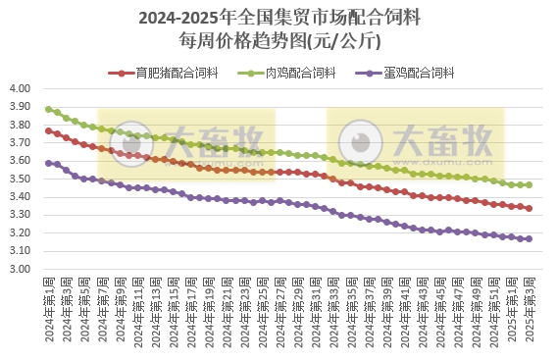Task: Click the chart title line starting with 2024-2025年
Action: pos(279,18)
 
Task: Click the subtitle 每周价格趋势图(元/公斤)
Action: pos(279,41)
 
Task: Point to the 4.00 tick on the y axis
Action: pos(22,89)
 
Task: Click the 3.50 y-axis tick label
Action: pos(22,180)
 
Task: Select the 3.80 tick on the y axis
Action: pos(22,126)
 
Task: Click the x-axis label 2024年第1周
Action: pos(49,308)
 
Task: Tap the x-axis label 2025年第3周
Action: pos(530,308)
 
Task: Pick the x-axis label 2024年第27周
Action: pos(280,308)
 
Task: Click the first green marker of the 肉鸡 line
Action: pos(49,109)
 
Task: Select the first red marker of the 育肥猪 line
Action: pos(49,130)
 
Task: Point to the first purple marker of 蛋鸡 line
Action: pos(49,163)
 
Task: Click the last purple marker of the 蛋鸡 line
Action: pos(530,238)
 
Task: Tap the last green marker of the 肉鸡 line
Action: pos(530,184)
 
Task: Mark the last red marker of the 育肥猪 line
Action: pos(530,208)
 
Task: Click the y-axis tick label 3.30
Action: pos(22,216)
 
